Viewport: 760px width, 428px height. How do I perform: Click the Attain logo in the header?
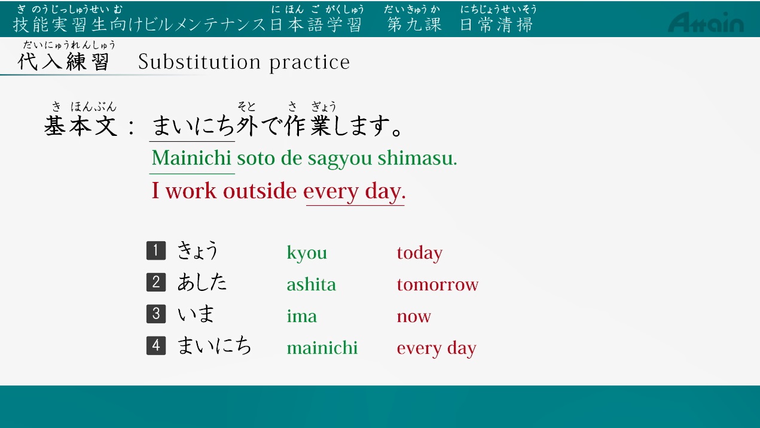click(x=706, y=22)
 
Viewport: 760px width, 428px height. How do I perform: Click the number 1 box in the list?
click(x=156, y=251)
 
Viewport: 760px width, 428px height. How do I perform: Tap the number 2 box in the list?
click(x=156, y=283)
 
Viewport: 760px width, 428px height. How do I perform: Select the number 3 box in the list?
click(x=156, y=314)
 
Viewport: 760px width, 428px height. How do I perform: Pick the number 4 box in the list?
click(x=156, y=346)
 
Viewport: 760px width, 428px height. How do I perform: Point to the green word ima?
click(x=301, y=315)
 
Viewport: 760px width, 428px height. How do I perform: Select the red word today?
click(x=420, y=253)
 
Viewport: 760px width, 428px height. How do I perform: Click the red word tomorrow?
click(x=438, y=284)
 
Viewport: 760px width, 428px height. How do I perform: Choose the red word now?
click(x=414, y=317)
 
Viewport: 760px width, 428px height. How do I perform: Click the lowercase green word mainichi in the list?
click(x=322, y=348)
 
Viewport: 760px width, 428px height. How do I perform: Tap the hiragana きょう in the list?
click(x=197, y=251)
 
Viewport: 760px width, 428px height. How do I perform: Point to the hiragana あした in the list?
click(x=202, y=283)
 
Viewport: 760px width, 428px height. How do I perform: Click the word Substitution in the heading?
click(x=200, y=62)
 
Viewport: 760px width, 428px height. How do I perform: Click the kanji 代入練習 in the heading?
click(x=63, y=62)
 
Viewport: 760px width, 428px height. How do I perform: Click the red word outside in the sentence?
click(x=260, y=190)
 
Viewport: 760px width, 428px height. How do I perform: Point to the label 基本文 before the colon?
click(x=81, y=126)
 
